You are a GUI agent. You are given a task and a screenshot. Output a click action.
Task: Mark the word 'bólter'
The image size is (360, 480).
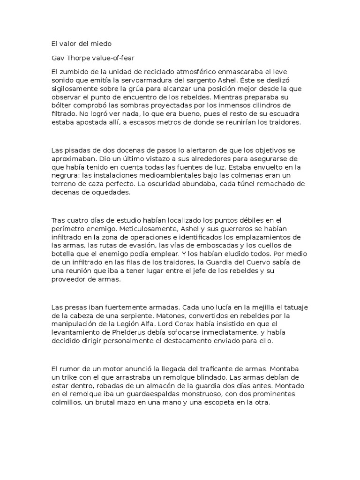tap(62, 105)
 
